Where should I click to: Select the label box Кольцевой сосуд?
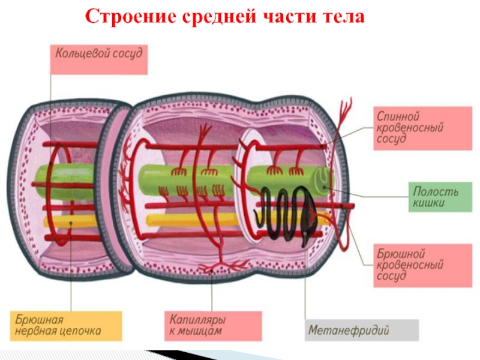point(98,59)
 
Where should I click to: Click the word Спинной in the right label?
point(397,115)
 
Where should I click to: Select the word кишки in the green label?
point(428,203)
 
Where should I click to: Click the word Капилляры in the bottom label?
point(197,319)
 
